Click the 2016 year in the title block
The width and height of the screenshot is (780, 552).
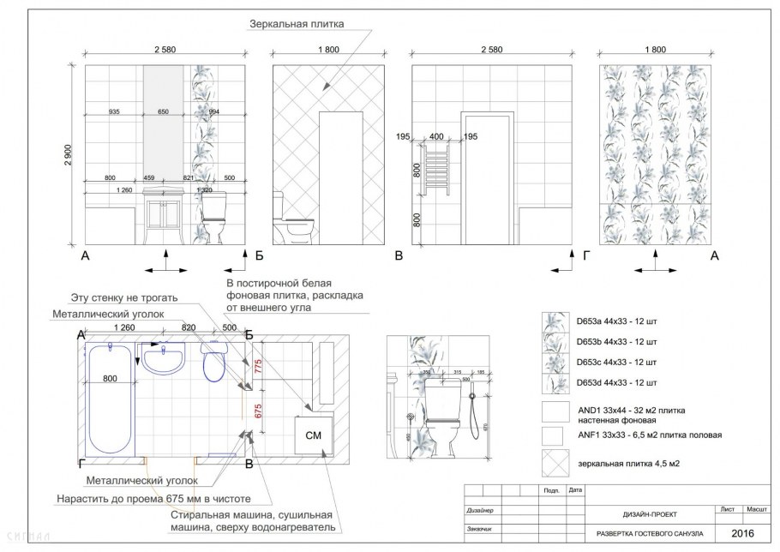click(x=743, y=532)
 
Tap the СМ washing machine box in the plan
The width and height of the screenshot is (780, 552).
click(x=313, y=437)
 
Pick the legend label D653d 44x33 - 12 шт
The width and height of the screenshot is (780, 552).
click(x=617, y=381)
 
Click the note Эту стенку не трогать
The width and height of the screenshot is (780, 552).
click(x=124, y=297)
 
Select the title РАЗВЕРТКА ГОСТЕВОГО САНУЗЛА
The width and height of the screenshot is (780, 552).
click(x=649, y=533)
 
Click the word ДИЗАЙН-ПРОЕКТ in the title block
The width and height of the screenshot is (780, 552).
click(x=649, y=514)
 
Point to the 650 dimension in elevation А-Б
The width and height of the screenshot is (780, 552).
click(x=170, y=112)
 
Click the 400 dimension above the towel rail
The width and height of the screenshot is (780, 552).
click(x=437, y=136)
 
